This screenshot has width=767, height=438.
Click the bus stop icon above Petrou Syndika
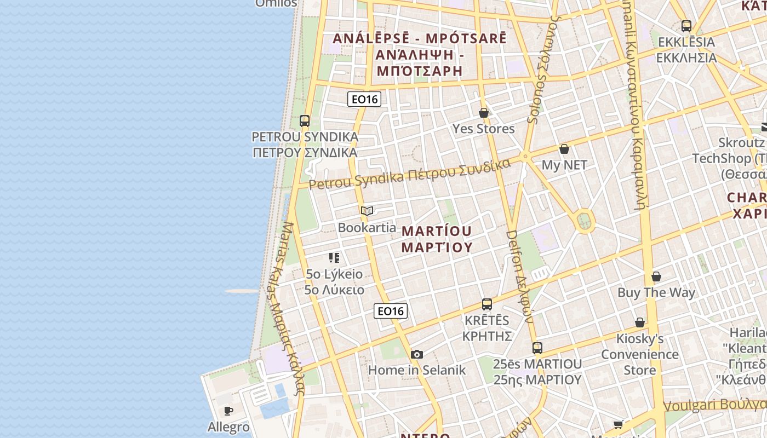(305, 121)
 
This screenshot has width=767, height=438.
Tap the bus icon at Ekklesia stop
(686, 26)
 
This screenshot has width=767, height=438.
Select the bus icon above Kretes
(486, 304)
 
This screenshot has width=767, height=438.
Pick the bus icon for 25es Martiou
(537, 348)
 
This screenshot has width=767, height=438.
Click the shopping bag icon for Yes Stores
(483, 113)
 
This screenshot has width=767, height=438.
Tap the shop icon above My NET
(564, 149)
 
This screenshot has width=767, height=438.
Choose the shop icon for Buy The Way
(656, 276)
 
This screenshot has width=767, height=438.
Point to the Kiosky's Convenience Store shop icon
(639, 322)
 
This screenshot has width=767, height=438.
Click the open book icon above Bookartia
(367, 211)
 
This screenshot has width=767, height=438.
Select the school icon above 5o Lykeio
(334, 257)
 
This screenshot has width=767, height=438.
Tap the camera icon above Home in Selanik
(416, 354)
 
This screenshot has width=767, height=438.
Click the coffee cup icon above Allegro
(228, 411)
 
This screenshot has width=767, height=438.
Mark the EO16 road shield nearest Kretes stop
(391, 311)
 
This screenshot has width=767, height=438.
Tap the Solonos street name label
(542, 68)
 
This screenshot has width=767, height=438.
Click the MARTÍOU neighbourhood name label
(437, 230)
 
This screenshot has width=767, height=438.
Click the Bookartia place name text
(367, 227)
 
